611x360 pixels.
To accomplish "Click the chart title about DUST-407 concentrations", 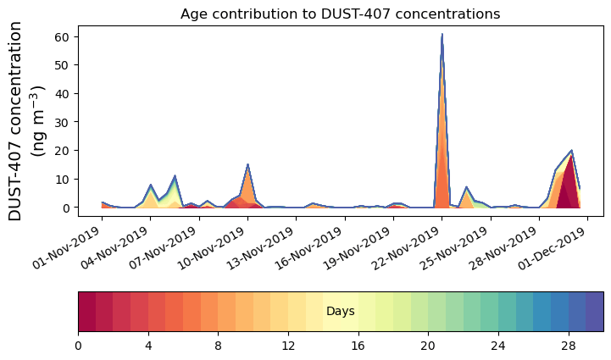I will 340,14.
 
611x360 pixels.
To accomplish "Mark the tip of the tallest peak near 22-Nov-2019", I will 442,35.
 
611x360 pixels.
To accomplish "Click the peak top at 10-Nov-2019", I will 247,165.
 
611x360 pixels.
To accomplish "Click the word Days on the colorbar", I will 340,312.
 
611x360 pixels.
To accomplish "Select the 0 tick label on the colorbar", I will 78,346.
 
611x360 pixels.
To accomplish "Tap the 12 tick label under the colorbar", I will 288,346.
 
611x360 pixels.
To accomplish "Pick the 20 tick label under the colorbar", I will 428,346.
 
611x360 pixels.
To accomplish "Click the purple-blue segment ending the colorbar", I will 594,312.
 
